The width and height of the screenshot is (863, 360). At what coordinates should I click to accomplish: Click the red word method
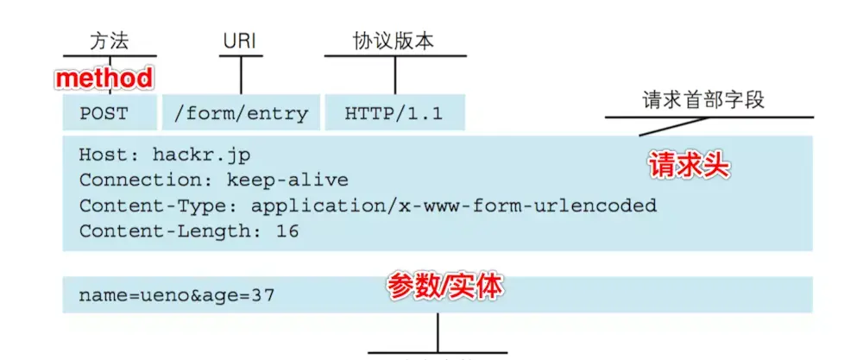(x=104, y=79)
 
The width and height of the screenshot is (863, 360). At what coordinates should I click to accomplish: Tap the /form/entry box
(x=241, y=113)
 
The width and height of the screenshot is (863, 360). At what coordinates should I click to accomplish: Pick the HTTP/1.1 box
(x=394, y=113)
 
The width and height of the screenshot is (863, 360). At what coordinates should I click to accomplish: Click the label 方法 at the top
(x=110, y=41)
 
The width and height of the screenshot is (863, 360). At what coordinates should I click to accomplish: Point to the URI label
(x=241, y=41)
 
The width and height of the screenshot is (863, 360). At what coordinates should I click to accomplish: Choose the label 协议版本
(x=394, y=41)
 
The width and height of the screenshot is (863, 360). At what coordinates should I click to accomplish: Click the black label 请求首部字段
(x=703, y=100)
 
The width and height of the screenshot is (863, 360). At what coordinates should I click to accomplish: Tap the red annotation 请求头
(x=688, y=167)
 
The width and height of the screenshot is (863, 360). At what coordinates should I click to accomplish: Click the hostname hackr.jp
(x=201, y=156)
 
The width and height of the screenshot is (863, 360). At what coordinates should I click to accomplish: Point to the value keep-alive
(x=287, y=181)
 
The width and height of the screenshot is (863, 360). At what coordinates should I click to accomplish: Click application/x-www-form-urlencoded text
(x=454, y=206)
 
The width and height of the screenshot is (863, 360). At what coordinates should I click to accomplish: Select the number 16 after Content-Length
(x=287, y=231)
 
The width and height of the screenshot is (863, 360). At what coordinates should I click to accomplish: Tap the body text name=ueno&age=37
(x=177, y=295)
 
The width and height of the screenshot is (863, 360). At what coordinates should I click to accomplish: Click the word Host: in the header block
(x=110, y=156)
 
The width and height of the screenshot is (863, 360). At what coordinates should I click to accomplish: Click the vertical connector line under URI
(x=241, y=75)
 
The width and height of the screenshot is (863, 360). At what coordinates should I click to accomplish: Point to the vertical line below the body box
(x=438, y=332)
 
